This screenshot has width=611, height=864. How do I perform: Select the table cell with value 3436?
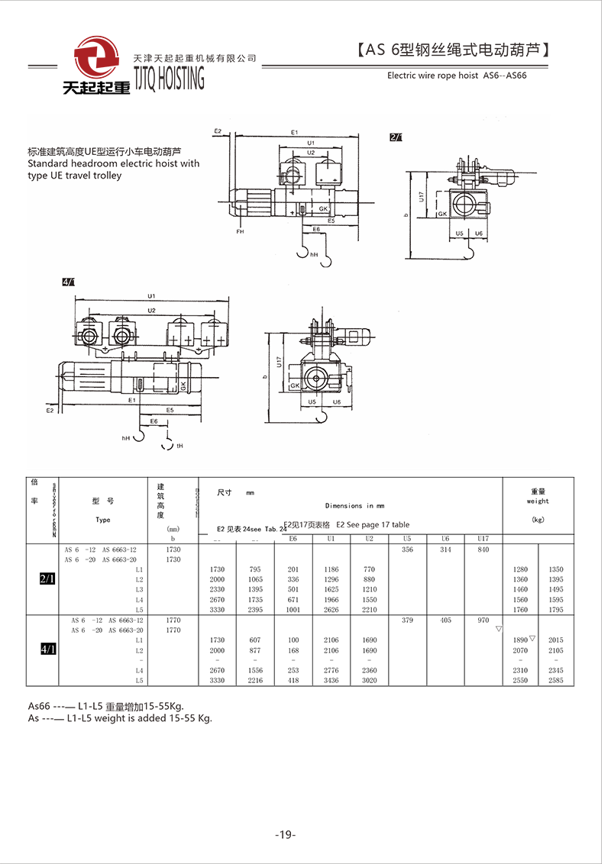tap(331, 680)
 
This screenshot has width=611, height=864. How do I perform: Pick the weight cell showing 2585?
tap(556, 680)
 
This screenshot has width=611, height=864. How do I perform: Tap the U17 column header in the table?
tap(483, 539)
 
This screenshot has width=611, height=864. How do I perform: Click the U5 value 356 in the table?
tap(407, 550)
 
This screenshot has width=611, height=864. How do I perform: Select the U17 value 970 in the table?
tap(483, 621)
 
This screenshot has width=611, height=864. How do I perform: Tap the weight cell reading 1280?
tap(520, 569)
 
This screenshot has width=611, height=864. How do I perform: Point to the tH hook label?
tap(179, 446)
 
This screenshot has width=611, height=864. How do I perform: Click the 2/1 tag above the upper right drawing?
tap(396, 137)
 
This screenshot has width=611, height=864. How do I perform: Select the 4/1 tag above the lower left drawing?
tap(69, 282)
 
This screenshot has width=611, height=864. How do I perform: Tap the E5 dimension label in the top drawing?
tap(331, 221)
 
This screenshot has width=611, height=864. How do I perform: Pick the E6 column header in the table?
tap(293, 539)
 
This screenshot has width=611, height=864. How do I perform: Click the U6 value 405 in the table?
tap(445, 621)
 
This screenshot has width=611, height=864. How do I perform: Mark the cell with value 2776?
tap(331, 670)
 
